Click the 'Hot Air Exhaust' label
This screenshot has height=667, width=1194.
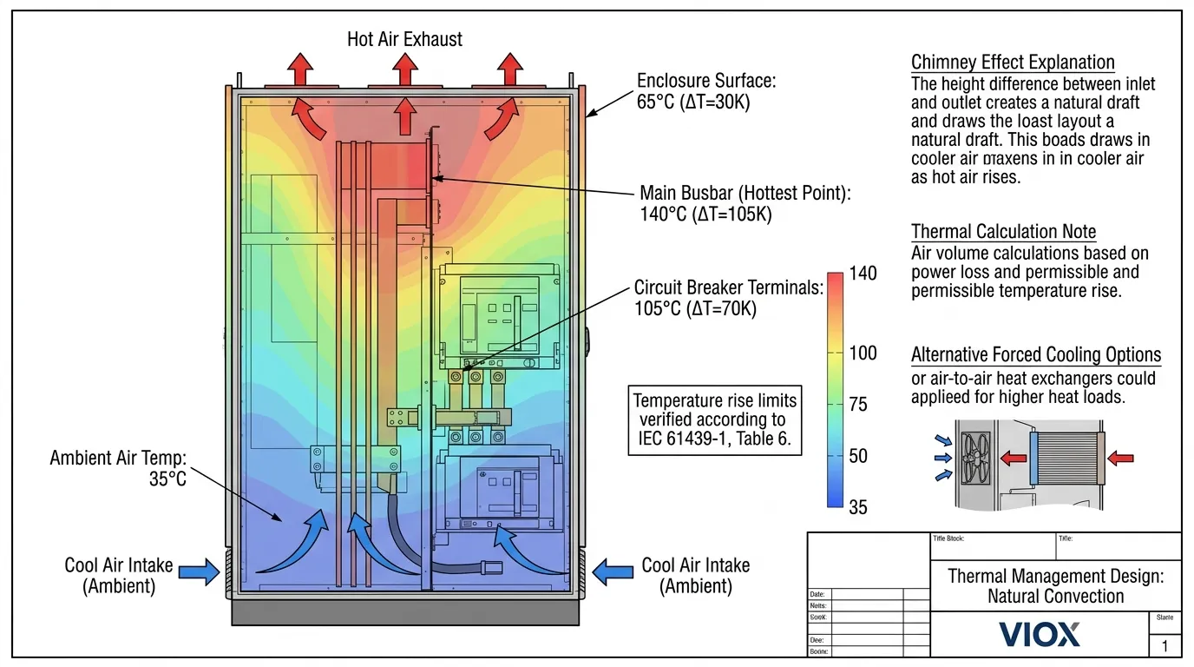[404, 39]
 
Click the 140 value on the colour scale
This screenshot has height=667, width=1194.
[863, 274]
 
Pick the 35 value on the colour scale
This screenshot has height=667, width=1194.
[857, 507]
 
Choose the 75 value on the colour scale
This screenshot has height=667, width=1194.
[857, 405]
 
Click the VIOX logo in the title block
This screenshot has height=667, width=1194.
[1039, 634]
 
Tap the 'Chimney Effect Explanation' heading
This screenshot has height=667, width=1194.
[1013, 63]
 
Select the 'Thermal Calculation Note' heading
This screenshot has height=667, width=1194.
[1003, 232]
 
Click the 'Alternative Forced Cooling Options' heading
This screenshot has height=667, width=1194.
[1035, 355]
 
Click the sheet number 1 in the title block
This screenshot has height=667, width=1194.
[1164, 646]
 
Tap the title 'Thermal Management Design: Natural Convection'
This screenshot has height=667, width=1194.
[1055, 585]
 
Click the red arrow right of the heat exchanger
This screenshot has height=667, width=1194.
[1120, 458]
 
